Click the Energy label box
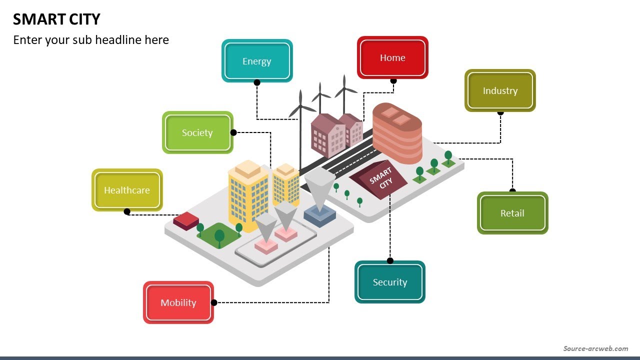click(257, 61)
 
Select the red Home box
click(392, 57)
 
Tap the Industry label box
click(500, 90)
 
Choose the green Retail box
click(512, 213)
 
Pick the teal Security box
click(390, 282)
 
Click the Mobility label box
click(178, 302)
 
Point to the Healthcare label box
click(127, 190)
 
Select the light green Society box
click(197, 132)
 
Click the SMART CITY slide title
click(56, 19)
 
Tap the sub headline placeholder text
click(91, 40)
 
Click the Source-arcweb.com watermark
click(595, 348)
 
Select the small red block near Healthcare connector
click(186, 220)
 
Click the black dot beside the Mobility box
click(214, 302)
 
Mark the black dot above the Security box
click(390, 260)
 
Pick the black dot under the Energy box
click(257, 82)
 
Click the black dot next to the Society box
click(233, 132)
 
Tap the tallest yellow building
click(248, 195)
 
